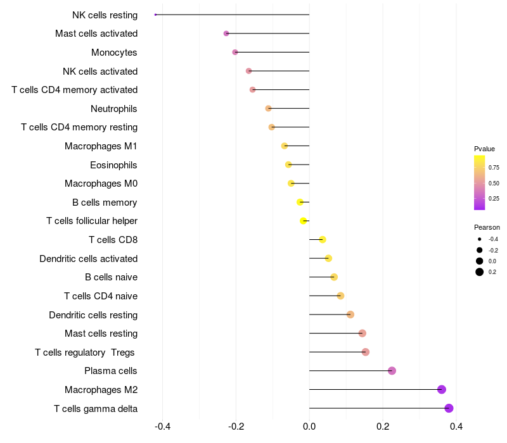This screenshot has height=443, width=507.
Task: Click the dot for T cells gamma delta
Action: click(449, 408)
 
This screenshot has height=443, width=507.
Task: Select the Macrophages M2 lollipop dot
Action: click(442, 390)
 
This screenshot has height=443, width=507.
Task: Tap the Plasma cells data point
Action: click(392, 371)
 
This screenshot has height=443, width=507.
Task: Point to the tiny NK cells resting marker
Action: click(155, 15)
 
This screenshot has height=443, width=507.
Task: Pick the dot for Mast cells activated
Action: click(226, 34)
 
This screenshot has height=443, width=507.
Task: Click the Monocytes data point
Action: click(235, 52)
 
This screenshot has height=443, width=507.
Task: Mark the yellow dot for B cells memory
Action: click(300, 203)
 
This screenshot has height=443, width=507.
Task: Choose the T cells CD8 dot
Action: click(323, 240)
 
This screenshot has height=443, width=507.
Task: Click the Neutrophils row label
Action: click(114, 109)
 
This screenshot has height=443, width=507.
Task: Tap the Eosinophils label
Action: click(114, 165)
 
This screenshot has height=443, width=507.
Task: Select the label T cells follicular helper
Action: click(92, 221)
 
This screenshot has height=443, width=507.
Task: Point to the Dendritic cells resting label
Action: click(93, 315)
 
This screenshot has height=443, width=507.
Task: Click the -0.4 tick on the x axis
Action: click(163, 427)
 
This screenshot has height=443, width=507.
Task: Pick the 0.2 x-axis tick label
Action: click(383, 427)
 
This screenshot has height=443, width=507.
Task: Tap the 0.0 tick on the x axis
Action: click(309, 427)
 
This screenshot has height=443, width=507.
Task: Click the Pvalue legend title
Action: click(484, 149)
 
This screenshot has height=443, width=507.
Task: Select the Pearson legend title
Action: click(487, 227)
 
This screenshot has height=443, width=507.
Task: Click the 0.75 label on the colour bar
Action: click(494, 168)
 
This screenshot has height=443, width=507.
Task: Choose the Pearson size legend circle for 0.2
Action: click(480, 272)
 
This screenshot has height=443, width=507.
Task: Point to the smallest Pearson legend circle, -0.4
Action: click(480, 239)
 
